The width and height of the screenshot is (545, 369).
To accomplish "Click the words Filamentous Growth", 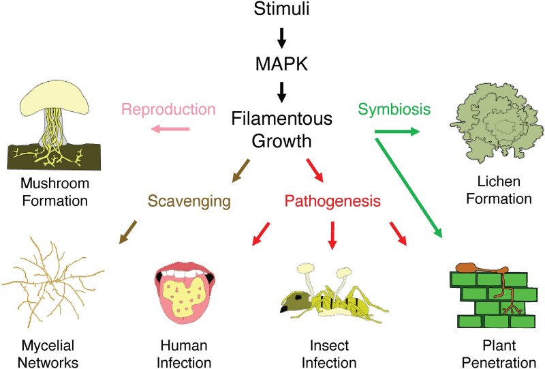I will point(283,131).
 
